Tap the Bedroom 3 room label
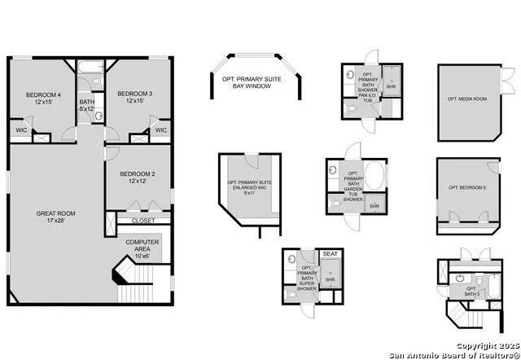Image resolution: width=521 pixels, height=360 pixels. (x=129, y=97)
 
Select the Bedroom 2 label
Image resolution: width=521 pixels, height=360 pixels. (x=137, y=177)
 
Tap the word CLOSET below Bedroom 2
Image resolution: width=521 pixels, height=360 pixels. (x=143, y=220)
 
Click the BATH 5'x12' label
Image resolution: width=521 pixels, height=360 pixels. (x=87, y=105)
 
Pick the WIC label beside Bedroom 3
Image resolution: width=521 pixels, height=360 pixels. (x=160, y=130)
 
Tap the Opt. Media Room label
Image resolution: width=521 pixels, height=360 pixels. (x=466, y=99)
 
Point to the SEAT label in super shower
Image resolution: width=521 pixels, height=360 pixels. (x=330, y=254)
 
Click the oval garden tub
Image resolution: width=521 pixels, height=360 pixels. (x=375, y=177)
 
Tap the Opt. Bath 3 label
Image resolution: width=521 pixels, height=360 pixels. (x=470, y=292)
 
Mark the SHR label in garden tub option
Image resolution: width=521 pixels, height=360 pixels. (x=374, y=206)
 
